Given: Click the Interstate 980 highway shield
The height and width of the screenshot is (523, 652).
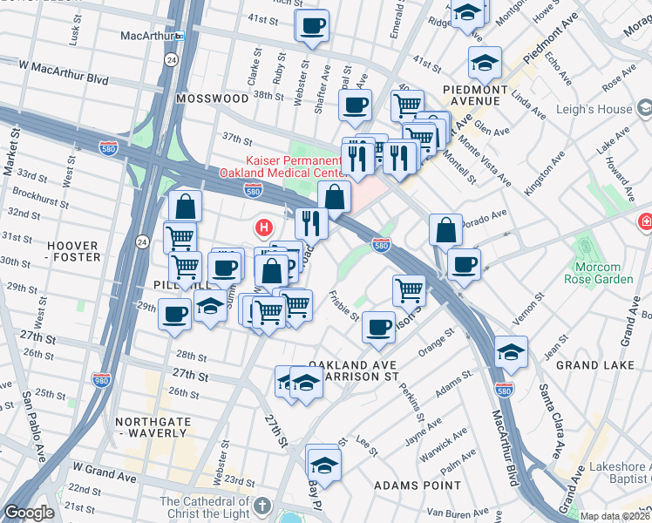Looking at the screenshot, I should click(102, 379).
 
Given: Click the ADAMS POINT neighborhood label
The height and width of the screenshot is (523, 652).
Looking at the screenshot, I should click(418, 485).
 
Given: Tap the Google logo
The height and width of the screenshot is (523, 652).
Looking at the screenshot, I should click(29, 513).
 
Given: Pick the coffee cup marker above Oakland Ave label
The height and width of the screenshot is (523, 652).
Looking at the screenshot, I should click(378, 327).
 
